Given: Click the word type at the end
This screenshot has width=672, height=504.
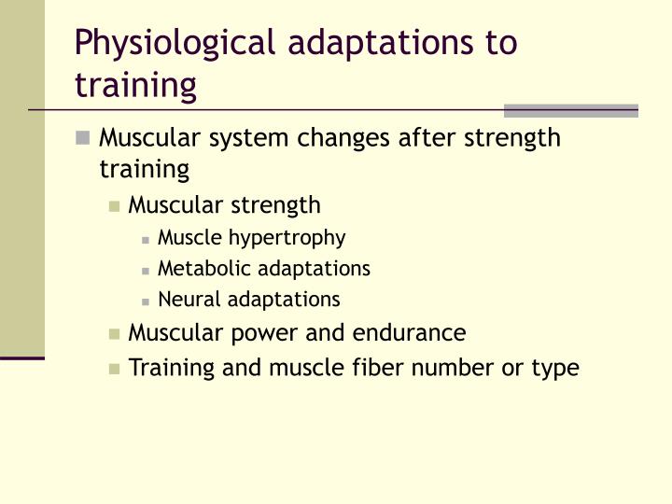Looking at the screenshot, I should pyautogui.click(x=556, y=369).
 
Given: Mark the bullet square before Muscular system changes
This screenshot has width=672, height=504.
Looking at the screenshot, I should pyautogui.click(x=84, y=139).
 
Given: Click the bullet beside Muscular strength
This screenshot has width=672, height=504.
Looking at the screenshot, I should pyautogui.click(x=115, y=206).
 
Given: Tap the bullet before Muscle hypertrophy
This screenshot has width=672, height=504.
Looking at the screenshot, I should pyautogui.click(x=147, y=239).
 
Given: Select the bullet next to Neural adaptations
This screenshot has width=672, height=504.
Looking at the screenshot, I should pyautogui.click(x=147, y=301).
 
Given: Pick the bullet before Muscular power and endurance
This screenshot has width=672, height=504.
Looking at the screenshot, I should pyautogui.click(x=115, y=333).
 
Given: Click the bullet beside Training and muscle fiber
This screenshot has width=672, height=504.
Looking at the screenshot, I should pyautogui.click(x=115, y=368).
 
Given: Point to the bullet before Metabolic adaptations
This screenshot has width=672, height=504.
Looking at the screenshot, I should pyautogui.click(x=147, y=270).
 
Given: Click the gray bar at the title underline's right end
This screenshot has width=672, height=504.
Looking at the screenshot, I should pyautogui.click(x=571, y=110).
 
